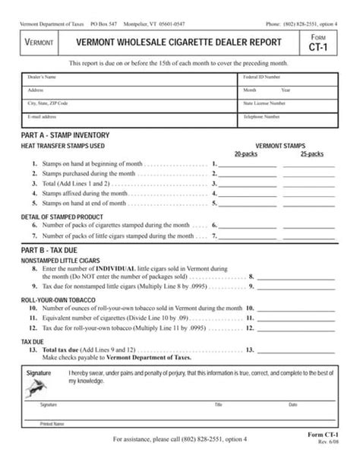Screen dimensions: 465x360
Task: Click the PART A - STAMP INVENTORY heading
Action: [x=60, y=134]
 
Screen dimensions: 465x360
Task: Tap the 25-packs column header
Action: [x=311, y=153]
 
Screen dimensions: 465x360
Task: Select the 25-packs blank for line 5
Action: [x=311, y=203]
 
